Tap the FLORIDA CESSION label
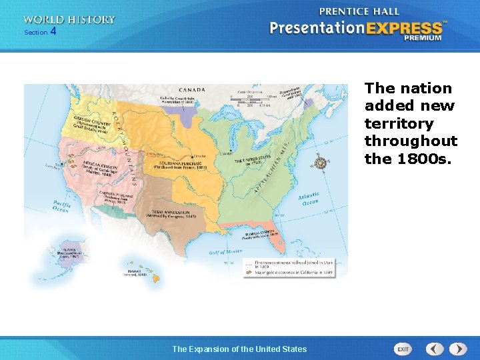click(x=261, y=234)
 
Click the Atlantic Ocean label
click(x=309, y=199)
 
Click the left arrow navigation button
click(x=435, y=349)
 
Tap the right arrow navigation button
click(x=458, y=349)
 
